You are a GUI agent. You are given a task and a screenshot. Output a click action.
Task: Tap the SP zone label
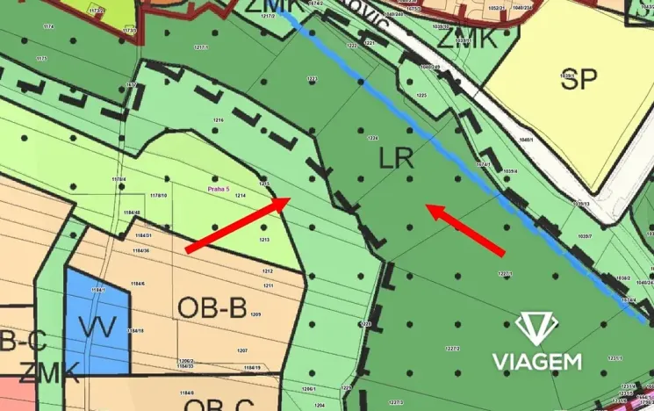click(579, 78)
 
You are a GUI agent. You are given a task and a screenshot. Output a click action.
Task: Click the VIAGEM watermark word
click(536, 361)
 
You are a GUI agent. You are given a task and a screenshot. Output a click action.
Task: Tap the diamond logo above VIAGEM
click(537, 328)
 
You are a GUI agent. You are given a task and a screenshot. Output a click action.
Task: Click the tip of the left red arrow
click(290, 199)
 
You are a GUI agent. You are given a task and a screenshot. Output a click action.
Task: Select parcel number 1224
click(372, 139)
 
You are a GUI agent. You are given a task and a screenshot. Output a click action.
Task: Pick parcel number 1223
click(312, 79)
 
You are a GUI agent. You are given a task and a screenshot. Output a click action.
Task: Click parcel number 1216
click(218, 120)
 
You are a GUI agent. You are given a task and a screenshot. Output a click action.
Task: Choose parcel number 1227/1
click(505, 274)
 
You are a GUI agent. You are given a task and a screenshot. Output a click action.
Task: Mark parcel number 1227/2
click(453, 349)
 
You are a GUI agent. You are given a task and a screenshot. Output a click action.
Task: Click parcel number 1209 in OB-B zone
click(256, 314)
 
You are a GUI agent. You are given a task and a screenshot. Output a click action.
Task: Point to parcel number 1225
click(421, 95)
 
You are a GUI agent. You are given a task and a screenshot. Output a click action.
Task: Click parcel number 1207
click(242, 350)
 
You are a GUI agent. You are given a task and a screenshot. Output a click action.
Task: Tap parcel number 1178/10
click(158, 196)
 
